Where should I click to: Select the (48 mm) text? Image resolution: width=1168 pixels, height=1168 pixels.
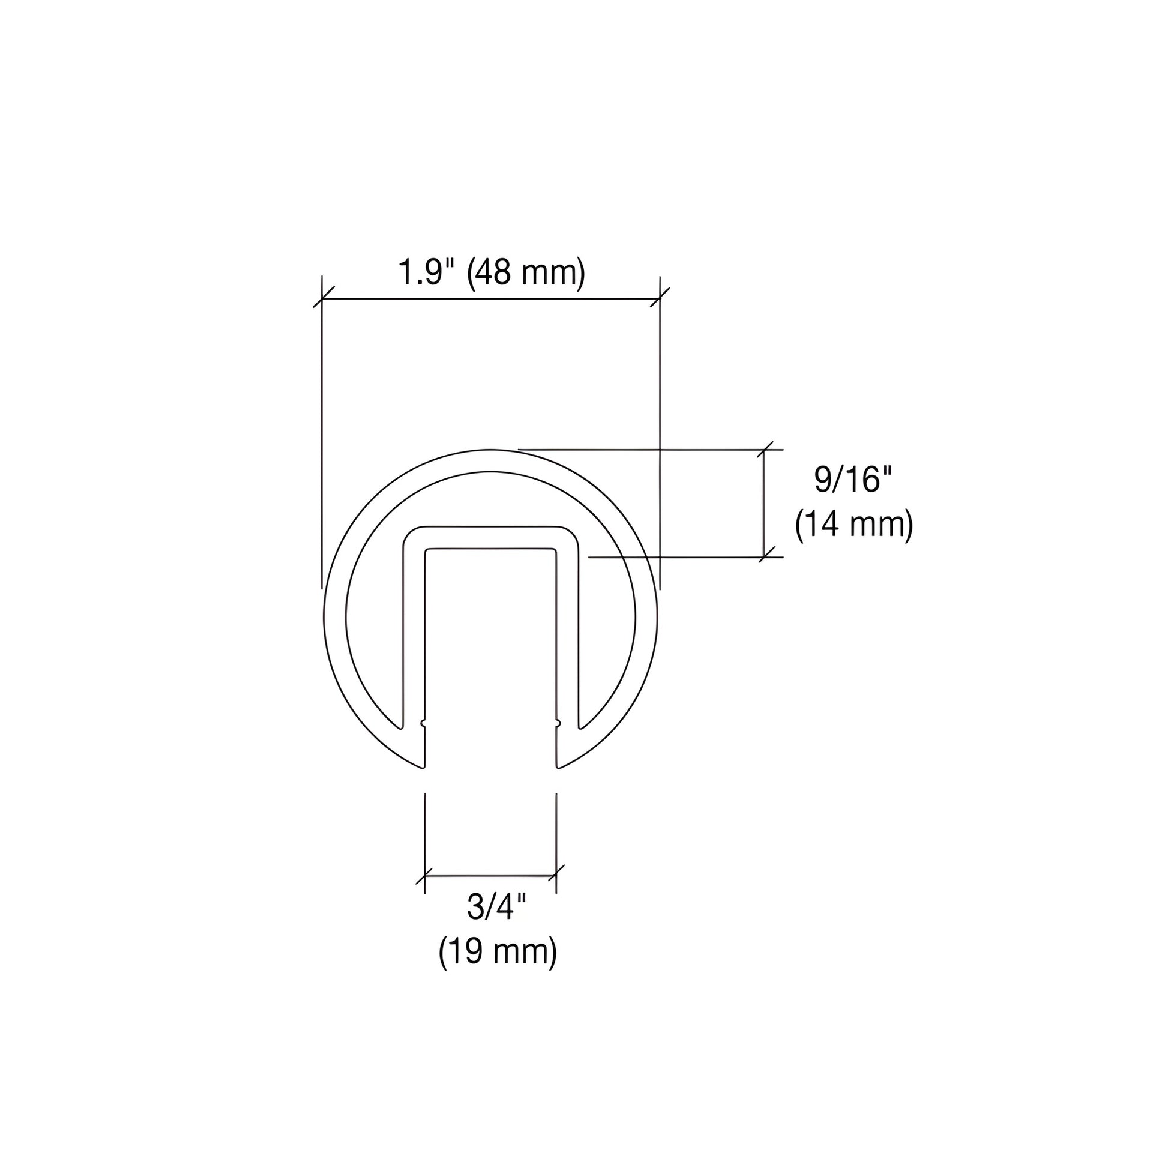526,272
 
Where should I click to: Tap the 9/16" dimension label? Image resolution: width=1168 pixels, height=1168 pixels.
853,480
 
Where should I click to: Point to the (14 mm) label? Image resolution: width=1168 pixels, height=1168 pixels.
853,524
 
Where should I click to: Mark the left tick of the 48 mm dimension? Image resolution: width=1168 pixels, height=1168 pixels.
322,299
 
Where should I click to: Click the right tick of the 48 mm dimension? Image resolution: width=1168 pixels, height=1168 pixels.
660,299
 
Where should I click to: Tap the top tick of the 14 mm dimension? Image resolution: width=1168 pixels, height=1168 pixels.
765,450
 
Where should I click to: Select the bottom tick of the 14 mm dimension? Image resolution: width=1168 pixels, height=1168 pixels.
765,557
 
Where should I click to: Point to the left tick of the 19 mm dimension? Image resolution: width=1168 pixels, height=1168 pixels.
425,874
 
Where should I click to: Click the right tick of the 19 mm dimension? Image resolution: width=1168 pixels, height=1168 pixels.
556,874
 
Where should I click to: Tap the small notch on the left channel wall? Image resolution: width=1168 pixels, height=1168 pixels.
424,723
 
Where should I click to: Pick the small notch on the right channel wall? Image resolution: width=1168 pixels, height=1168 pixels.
558,723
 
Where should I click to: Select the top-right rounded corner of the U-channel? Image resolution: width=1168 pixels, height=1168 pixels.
570,535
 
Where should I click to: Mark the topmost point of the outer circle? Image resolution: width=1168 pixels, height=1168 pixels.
490,450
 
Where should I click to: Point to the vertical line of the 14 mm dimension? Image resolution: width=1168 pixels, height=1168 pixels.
765,503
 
